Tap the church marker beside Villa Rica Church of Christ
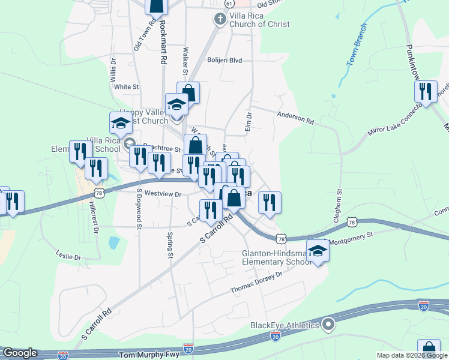(220, 19)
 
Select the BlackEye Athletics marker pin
(328, 325)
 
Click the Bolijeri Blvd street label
(224, 61)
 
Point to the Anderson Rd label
(295, 117)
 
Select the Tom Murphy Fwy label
(149, 355)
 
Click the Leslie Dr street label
(68, 256)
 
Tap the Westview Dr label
(163, 194)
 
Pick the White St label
(127, 86)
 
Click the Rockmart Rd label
(162, 43)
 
